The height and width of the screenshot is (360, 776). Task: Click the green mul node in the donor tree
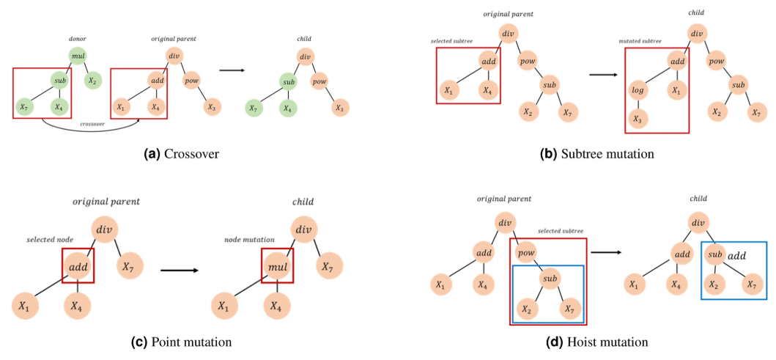(78, 55)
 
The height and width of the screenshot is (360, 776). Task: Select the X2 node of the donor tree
(92, 80)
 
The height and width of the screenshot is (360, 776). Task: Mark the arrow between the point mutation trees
(179, 271)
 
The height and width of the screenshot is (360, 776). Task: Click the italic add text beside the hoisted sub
(736, 257)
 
